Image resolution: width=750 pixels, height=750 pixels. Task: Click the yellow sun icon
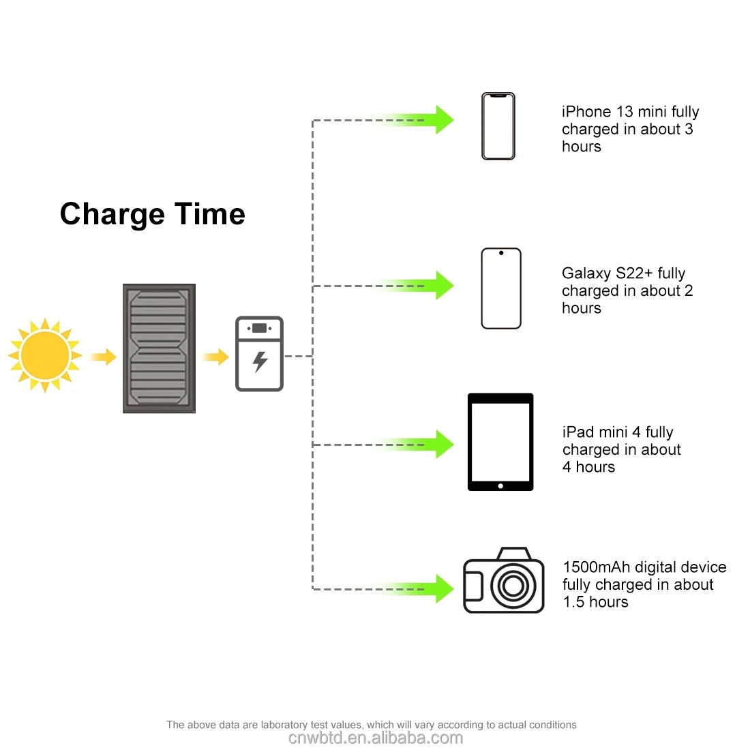tap(45, 355)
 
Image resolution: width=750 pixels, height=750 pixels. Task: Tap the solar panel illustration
tap(159, 348)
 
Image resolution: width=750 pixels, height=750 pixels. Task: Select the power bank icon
tap(259, 354)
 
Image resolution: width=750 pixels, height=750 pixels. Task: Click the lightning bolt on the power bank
tap(260, 361)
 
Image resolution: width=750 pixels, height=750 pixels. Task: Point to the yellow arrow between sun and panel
tap(104, 356)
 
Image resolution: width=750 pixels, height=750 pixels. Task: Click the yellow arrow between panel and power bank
tap(216, 356)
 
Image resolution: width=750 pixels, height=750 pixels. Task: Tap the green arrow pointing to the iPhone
tap(436, 120)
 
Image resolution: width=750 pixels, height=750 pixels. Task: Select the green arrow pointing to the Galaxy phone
tap(436, 286)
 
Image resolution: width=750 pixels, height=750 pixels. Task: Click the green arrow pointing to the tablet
tap(436, 445)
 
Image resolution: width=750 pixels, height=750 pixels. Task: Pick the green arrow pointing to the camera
tap(436, 588)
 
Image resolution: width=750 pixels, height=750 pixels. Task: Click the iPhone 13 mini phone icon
tap(498, 126)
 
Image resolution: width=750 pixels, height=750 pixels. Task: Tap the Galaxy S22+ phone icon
tap(501, 288)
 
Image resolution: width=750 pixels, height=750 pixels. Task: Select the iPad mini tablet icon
tap(500, 442)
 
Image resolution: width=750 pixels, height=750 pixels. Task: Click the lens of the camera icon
tap(513, 585)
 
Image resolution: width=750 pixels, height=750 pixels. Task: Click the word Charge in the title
tap(112, 215)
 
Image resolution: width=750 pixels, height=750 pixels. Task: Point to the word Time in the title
tap(210, 214)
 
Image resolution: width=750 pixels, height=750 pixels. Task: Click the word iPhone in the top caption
tap(586, 112)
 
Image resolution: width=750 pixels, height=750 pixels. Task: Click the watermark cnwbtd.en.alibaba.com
tap(375, 738)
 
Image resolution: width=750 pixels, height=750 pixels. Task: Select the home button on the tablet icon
tap(500, 486)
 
